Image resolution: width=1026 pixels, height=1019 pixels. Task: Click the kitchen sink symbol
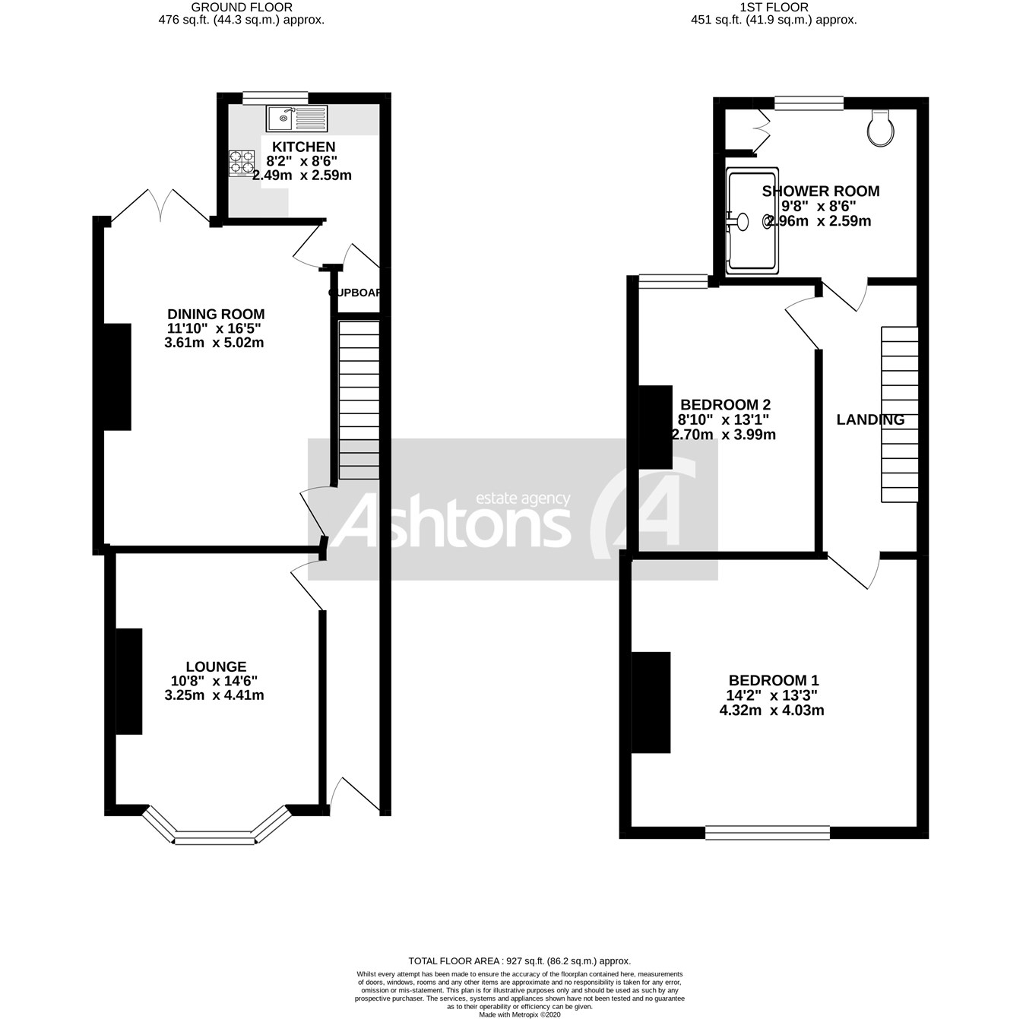click(x=296, y=118)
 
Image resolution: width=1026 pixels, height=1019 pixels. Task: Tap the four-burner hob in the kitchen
click(x=242, y=163)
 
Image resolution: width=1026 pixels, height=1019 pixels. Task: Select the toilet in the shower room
click(x=880, y=128)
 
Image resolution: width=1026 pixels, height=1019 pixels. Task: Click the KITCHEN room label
click(x=304, y=147)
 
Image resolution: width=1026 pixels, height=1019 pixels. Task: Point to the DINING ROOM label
click(x=216, y=314)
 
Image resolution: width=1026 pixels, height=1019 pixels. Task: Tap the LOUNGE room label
click(x=216, y=666)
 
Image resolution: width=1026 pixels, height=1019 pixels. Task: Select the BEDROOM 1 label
click(x=774, y=680)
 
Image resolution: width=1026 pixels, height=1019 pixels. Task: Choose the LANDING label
click(x=870, y=419)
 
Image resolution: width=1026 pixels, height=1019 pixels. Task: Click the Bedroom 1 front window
click(x=767, y=833)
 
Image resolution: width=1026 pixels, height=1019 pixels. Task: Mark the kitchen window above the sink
click(x=275, y=97)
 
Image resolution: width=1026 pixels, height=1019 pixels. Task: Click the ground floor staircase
click(x=358, y=400)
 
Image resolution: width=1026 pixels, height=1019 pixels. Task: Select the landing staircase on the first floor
click(x=900, y=414)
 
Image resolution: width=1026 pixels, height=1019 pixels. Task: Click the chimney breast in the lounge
click(x=129, y=681)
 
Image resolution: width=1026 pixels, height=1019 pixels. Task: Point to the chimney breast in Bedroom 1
click(x=651, y=701)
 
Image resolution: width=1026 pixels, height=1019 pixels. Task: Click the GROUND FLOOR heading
click(x=242, y=7)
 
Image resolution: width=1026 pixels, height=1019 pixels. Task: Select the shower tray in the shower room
click(x=752, y=220)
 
